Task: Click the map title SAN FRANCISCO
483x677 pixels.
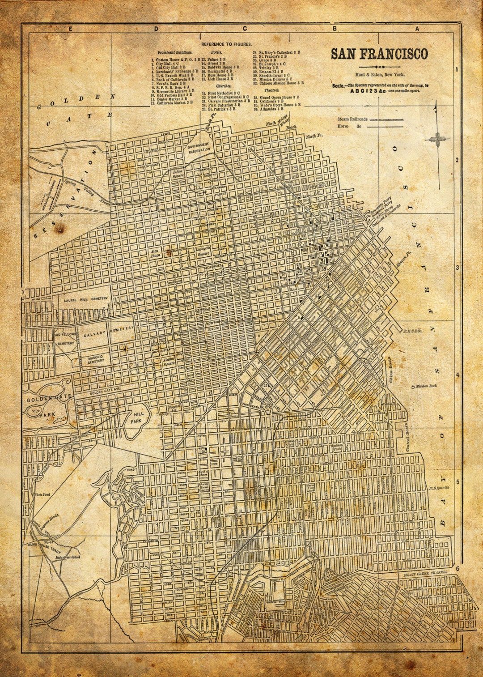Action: click(x=379, y=54)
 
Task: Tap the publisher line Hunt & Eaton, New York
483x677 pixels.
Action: click(x=379, y=75)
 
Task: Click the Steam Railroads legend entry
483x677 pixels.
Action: click(x=352, y=119)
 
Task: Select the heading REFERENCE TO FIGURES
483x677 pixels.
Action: click(x=226, y=44)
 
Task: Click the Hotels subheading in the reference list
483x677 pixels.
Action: click(x=216, y=52)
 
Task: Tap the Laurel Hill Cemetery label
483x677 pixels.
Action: click(x=85, y=299)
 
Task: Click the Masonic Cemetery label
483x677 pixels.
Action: click(x=95, y=359)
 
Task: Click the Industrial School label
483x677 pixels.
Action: click(x=68, y=558)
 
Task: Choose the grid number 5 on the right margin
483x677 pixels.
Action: click(x=457, y=482)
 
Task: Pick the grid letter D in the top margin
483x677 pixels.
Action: click(x=156, y=29)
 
